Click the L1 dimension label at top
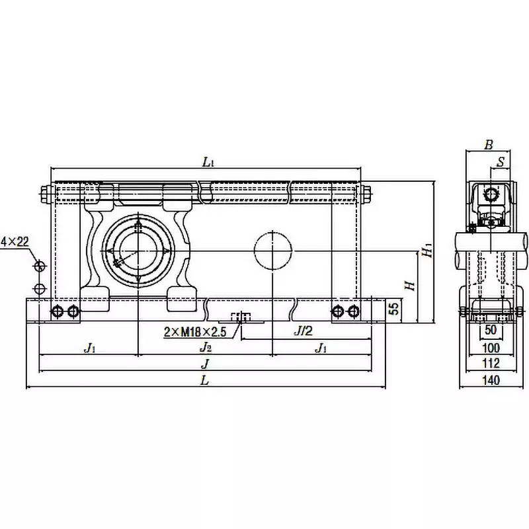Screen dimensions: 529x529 click(208, 161)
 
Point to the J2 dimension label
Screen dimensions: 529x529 click(206, 347)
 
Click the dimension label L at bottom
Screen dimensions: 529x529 click(205, 380)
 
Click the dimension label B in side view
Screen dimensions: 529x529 click(488, 145)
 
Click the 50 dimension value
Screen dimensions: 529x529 click(491, 331)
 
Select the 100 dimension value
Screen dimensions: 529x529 click(491, 347)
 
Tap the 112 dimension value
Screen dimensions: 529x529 click(491, 363)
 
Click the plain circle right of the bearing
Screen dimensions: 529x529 click(273, 251)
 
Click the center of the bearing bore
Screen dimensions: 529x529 click(138, 251)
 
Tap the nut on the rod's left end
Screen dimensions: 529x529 click(46, 194)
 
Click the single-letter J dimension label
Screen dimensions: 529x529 click(205, 363)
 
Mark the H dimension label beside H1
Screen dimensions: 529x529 click(409, 285)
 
